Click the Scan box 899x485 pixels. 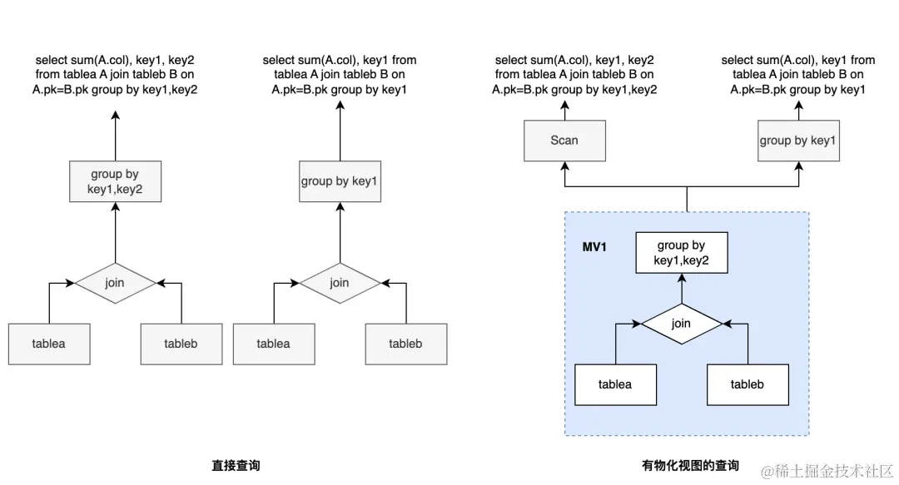click(564, 141)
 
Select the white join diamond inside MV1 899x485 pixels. click(682, 324)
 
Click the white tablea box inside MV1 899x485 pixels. click(615, 384)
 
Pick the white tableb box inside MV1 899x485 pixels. click(747, 384)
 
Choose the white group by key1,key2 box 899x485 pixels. click(681, 253)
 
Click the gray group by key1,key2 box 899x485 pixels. click(115, 181)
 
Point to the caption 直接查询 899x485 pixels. click(236, 466)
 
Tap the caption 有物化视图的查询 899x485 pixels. click(690, 466)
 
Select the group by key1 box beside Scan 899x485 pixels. click(797, 141)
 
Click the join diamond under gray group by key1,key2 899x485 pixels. click(115, 283)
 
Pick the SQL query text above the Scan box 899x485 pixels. click(574, 75)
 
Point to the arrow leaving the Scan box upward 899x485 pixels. click(564, 110)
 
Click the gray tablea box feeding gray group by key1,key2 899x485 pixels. click(49, 344)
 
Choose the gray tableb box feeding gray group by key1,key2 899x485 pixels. click(181, 344)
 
